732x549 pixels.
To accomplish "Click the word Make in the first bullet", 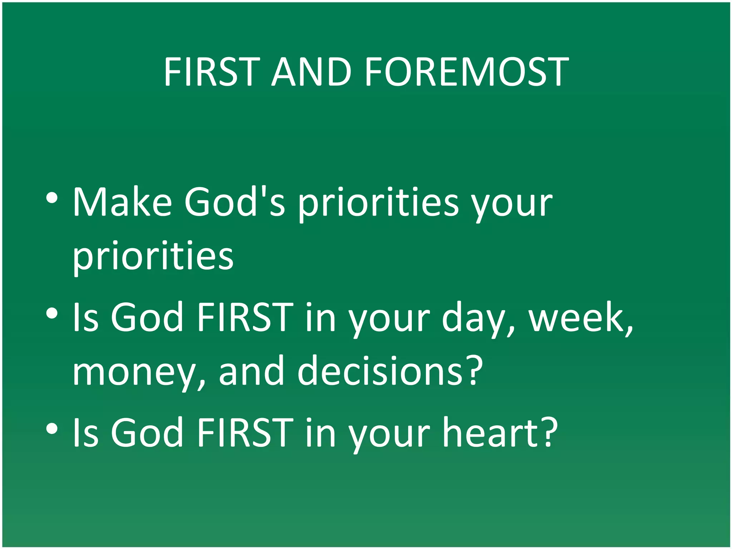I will coord(122,202).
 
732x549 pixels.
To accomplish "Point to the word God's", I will coord(235,202).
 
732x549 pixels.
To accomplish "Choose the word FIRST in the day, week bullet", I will coord(245,317).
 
